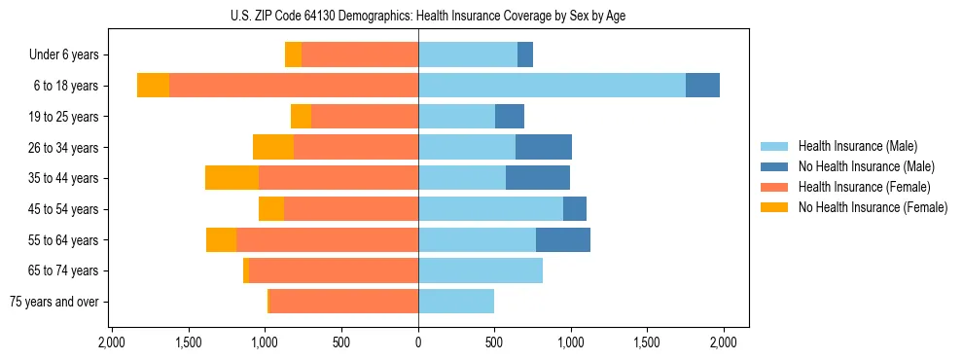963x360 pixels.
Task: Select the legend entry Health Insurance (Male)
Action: [857, 146]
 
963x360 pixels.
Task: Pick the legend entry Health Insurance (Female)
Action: [864, 187]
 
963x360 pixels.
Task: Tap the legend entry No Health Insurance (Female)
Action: [872, 207]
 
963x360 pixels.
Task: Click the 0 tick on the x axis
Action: [418, 342]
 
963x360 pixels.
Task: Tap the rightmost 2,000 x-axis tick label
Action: [724, 342]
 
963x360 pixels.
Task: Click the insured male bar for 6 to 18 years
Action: [552, 86]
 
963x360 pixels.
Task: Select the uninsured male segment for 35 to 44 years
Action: [538, 178]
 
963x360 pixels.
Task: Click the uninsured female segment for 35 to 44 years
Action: [232, 178]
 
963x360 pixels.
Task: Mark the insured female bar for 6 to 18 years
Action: [294, 86]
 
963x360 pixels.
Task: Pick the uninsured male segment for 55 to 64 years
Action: [563, 239]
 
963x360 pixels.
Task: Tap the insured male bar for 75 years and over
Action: [456, 302]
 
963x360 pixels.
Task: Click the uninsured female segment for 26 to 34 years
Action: [273, 147]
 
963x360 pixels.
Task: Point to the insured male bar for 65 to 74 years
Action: [481, 270]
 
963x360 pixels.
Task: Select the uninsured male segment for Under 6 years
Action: [525, 55]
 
